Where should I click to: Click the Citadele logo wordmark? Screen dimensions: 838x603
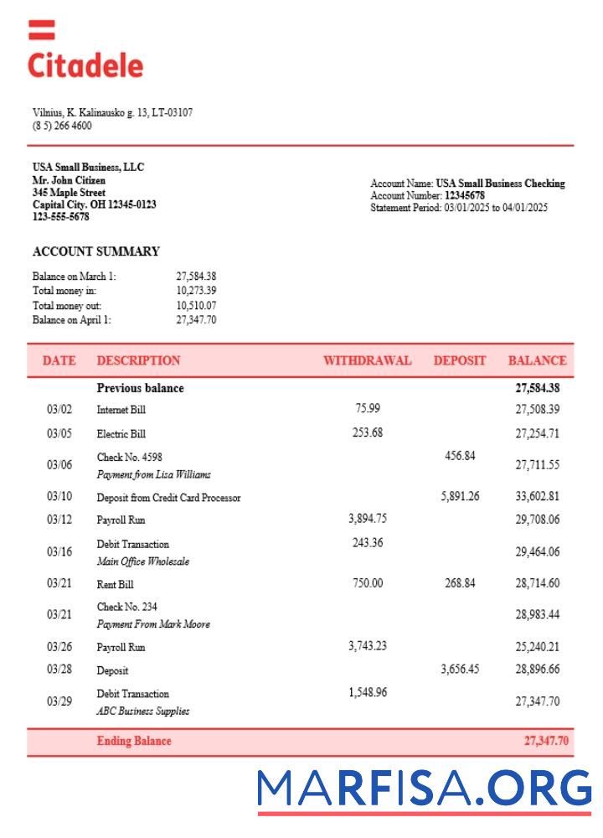(85, 65)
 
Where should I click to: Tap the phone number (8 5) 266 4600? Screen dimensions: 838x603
(62, 126)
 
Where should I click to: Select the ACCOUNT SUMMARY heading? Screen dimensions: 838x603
(95, 251)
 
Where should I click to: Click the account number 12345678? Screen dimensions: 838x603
(465, 195)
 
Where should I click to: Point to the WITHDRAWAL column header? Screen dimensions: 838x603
(367, 361)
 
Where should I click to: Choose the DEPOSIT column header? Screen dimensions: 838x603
(459, 361)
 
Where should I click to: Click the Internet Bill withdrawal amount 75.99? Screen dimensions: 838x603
(367, 408)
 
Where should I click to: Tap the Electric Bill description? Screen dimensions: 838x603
(121, 434)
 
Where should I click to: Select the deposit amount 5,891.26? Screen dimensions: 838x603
(460, 496)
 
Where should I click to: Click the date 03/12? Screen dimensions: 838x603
(59, 520)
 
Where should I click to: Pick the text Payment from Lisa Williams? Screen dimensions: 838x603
(153, 474)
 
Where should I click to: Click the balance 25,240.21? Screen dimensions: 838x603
(537, 647)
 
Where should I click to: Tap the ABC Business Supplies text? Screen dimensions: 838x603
(142, 711)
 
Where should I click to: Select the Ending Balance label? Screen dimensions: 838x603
(134, 741)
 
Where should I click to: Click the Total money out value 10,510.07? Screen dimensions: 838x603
(196, 306)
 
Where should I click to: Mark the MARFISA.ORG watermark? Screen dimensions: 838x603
(424, 789)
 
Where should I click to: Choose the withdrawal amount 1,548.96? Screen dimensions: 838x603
(367, 693)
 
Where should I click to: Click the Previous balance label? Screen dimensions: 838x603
(140, 388)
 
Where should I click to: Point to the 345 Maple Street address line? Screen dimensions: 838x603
(69, 193)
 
